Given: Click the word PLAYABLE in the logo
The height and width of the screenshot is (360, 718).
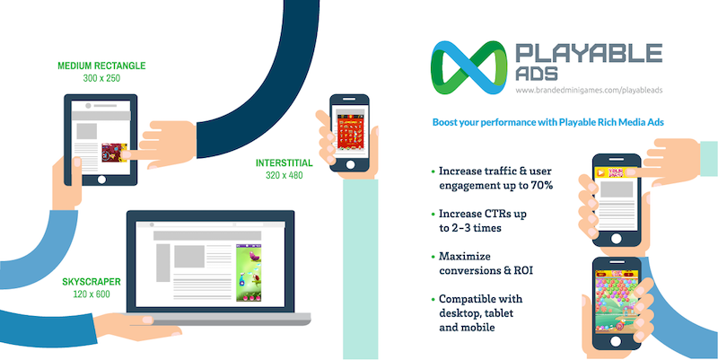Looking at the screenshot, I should click(x=589, y=53).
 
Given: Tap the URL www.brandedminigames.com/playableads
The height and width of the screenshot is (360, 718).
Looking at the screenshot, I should click(x=588, y=91).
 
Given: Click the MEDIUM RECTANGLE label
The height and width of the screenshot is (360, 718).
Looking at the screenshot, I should click(x=101, y=66).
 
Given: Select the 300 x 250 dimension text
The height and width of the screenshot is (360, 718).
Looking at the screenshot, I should click(x=101, y=79).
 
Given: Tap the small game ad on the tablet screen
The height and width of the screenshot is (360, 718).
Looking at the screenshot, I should click(x=114, y=154).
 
